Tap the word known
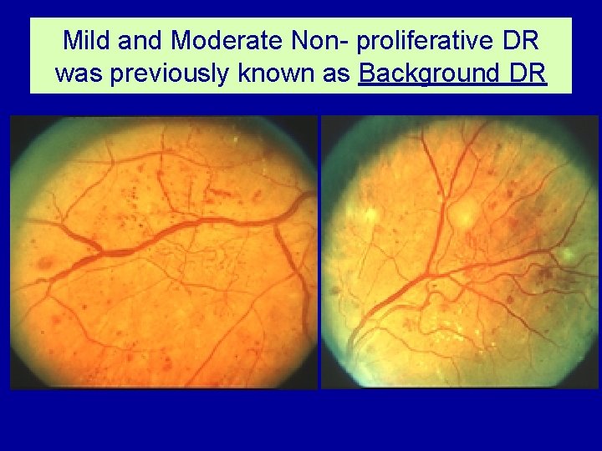278,73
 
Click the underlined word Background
430,73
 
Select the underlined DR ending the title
528,73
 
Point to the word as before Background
339,73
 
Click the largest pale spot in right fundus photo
462,216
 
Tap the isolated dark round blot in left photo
45,264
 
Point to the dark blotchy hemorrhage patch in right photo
548,272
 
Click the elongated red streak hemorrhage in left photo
222,193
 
